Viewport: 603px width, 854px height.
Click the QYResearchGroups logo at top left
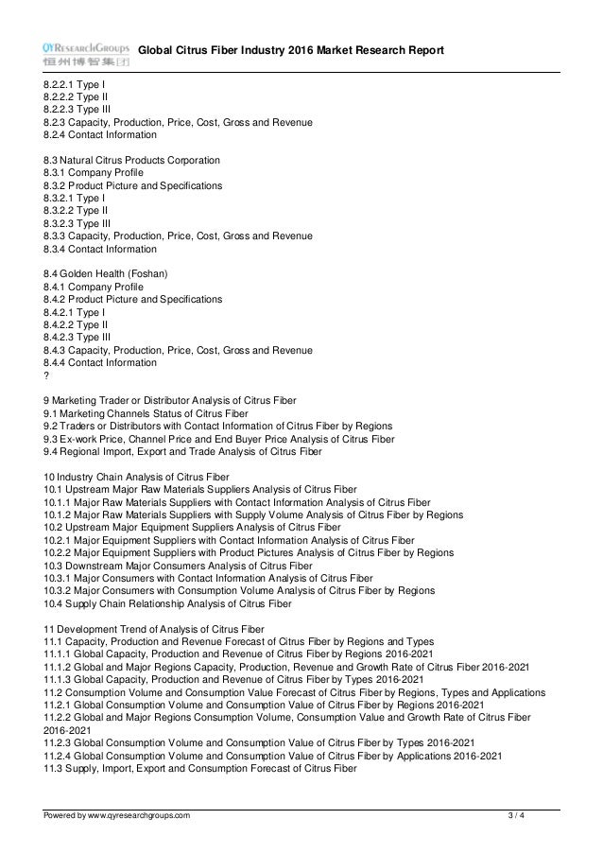pos(86,53)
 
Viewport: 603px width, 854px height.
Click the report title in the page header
pos(291,50)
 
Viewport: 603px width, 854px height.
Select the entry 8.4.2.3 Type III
pos(77,336)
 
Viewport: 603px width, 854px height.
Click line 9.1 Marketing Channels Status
pos(146,413)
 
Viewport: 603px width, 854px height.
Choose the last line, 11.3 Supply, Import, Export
pos(199,769)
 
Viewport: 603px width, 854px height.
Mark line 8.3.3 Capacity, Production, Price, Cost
pos(178,236)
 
